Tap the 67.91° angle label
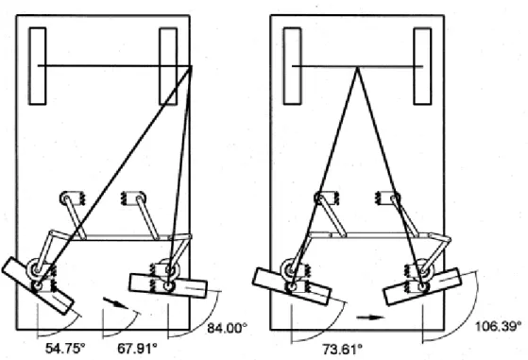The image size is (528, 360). (x=137, y=349)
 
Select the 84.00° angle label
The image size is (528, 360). (x=228, y=328)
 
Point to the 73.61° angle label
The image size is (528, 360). (x=343, y=349)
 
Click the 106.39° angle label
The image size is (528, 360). (x=498, y=326)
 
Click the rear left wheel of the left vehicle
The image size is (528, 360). (x=38, y=66)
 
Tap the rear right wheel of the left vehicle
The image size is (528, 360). (x=168, y=66)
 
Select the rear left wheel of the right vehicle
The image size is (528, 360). (x=292, y=66)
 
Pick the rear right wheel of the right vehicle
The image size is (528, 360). (x=422, y=66)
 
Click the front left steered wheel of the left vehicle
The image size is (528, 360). (x=38, y=286)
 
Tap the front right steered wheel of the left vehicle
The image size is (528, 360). (x=168, y=286)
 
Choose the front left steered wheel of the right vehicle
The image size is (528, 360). (x=292, y=286)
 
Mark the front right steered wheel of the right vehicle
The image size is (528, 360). (x=422, y=286)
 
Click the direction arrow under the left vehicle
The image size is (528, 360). (x=115, y=302)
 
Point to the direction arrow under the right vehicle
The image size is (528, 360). (x=370, y=317)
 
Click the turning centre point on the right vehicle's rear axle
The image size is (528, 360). (x=357, y=67)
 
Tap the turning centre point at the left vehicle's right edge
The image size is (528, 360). (x=191, y=66)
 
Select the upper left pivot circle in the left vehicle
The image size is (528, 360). (x=65, y=198)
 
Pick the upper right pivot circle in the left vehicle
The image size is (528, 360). (x=140, y=198)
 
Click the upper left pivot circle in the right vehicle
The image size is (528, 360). (x=320, y=198)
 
